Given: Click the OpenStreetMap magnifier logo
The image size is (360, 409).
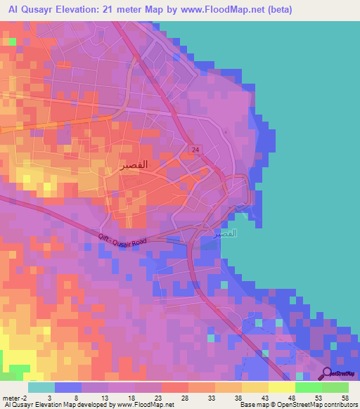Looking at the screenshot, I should click(x=326, y=372).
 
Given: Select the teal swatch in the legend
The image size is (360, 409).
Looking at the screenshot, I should click(x=41, y=387).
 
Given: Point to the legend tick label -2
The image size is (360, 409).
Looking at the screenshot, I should click(x=25, y=398).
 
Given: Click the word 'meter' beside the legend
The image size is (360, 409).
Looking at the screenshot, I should click(x=11, y=398).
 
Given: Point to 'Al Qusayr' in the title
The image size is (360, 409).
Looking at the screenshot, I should click(x=28, y=9).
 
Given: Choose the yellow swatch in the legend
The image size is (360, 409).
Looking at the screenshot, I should click(x=254, y=387).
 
